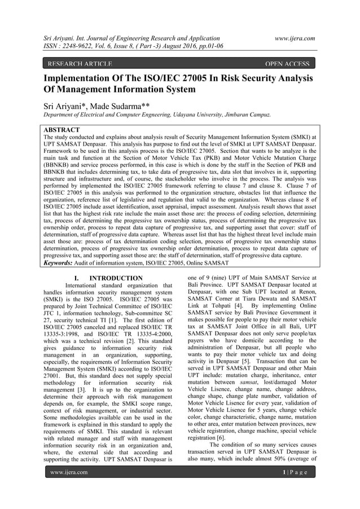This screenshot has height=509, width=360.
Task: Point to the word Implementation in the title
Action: coord(88,78)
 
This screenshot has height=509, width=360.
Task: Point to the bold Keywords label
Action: coord(62,263)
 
